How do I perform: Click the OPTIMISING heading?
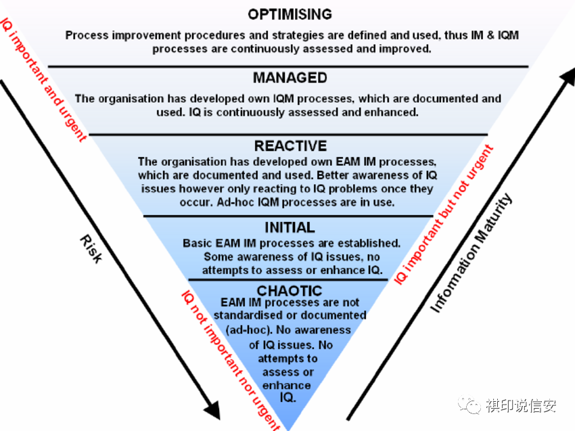290,14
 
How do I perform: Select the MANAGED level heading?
290,78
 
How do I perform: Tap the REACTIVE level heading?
290,146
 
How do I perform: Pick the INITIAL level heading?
290,227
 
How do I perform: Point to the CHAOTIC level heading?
290,291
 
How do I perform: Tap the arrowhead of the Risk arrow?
212,410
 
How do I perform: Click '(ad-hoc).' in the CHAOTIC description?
250,329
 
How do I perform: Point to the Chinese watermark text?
522,406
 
